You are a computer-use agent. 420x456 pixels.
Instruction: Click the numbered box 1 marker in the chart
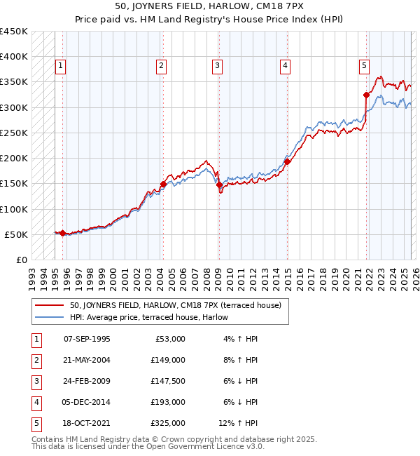(61, 67)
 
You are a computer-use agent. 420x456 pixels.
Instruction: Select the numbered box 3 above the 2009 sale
(217, 67)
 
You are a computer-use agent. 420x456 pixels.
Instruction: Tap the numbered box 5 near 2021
(365, 67)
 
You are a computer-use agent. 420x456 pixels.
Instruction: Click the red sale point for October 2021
(366, 95)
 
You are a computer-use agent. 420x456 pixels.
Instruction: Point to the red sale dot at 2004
(163, 185)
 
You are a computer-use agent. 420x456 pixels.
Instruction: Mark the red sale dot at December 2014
(287, 162)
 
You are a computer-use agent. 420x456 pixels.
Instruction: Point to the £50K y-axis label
(16, 234)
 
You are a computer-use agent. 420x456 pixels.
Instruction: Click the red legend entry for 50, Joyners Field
(175, 305)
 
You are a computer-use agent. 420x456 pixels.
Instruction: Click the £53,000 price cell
(168, 339)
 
